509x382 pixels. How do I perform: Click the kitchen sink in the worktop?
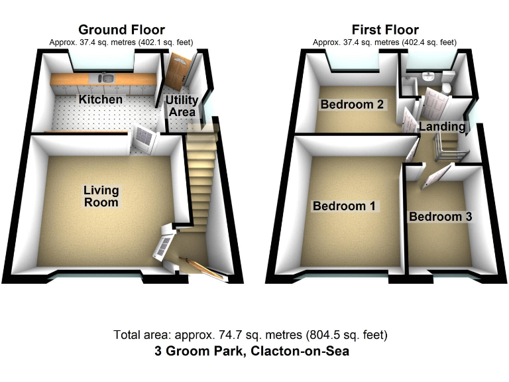[x=107, y=79]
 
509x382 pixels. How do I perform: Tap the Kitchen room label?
[x=101, y=99]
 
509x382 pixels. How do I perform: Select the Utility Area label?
[x=182, y=105]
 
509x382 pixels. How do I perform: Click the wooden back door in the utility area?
[x=178, y=73]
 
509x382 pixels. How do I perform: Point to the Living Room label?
[x=101, y=196]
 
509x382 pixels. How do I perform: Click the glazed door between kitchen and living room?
[x=143, y=140]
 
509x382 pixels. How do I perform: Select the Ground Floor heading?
[x=121, y=30]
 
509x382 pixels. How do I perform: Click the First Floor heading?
[x=385, y=30]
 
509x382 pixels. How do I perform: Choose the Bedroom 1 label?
[x=344, y=206]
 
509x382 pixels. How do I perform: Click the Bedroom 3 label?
[x=440, y=217]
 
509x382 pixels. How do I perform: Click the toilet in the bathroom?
[x=447, y=84]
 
